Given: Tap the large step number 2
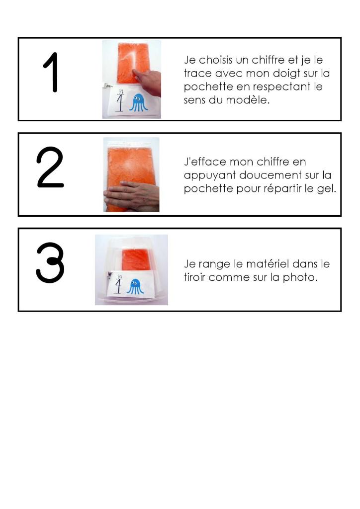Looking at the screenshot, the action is pyautogui.click(x=50, y=167).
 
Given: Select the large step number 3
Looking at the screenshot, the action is pyautogui.click(x=50, y=262).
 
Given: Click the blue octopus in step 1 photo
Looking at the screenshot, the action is pyautogui.click(x=139, y=102).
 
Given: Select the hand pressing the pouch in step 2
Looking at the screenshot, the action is pyautogui.click(x=131, y=196).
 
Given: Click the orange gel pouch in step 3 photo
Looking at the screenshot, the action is pyautogui.click(x=136, y=259).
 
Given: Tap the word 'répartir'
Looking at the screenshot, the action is pyautogui.click(x=282, y=188).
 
